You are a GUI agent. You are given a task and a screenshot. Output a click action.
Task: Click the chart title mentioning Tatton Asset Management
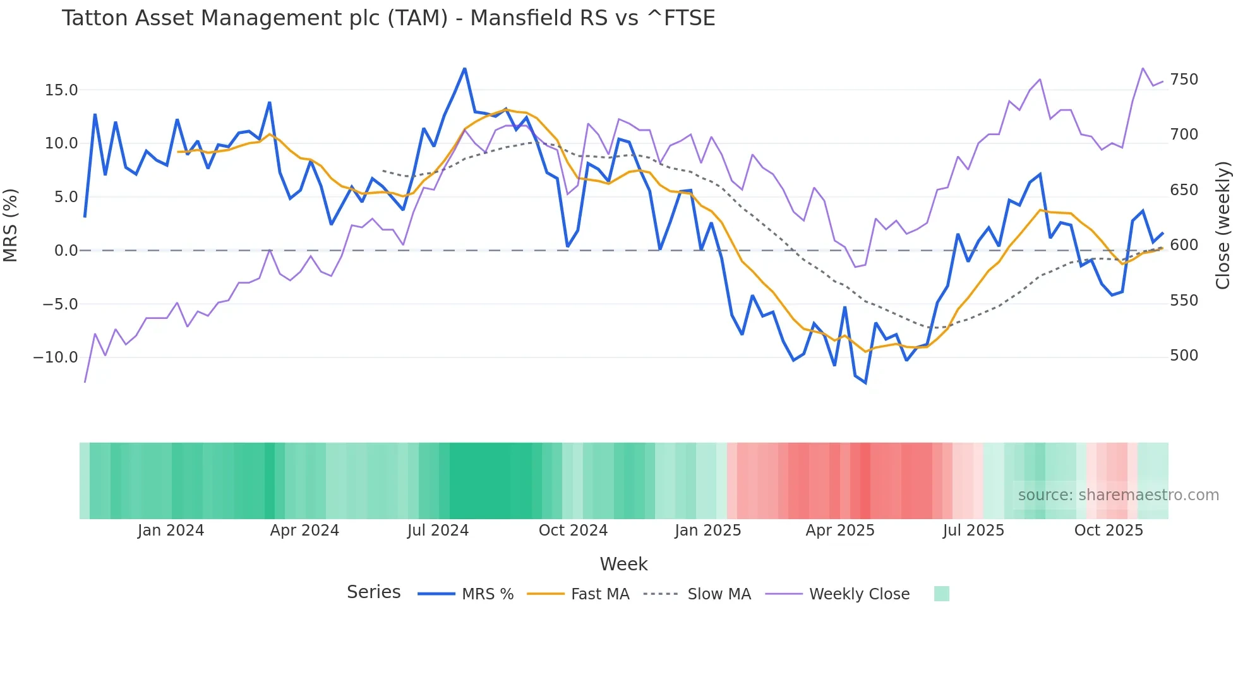coord(388,18)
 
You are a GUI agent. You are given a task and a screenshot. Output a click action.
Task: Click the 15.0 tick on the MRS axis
coord(61,90)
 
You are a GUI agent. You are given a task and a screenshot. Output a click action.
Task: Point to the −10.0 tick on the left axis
coord(56,357)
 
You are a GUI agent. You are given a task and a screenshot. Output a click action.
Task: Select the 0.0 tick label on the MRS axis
coord(66,251)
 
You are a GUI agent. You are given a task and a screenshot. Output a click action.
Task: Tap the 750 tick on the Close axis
coord(1184,80)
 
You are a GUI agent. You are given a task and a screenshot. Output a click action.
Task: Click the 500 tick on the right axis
coord(1184,356)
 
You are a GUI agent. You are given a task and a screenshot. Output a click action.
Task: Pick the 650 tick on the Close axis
coord(1184,190)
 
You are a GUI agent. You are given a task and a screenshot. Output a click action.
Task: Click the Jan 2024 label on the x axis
coord(171,531)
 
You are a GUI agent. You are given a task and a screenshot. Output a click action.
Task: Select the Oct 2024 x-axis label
coord(573,531)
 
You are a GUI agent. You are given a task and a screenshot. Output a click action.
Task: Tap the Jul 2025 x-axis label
coord(973,531)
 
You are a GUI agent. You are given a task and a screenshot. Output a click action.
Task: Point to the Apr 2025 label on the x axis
coord(840,531)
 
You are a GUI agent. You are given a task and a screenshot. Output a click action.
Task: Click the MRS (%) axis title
coord(11,225)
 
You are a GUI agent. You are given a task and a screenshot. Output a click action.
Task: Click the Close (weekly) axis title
coord(1223,225)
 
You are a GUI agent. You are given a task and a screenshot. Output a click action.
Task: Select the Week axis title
coord(623,564)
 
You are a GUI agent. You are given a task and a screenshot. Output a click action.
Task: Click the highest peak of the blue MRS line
coord(465,68)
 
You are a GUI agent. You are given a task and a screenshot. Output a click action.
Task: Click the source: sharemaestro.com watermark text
coord(1118,495)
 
